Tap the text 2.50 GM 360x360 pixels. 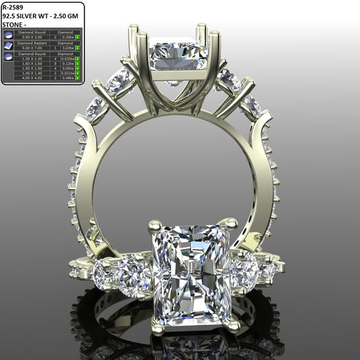click(67, 16)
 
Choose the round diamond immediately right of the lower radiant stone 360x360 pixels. click(244, 271)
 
